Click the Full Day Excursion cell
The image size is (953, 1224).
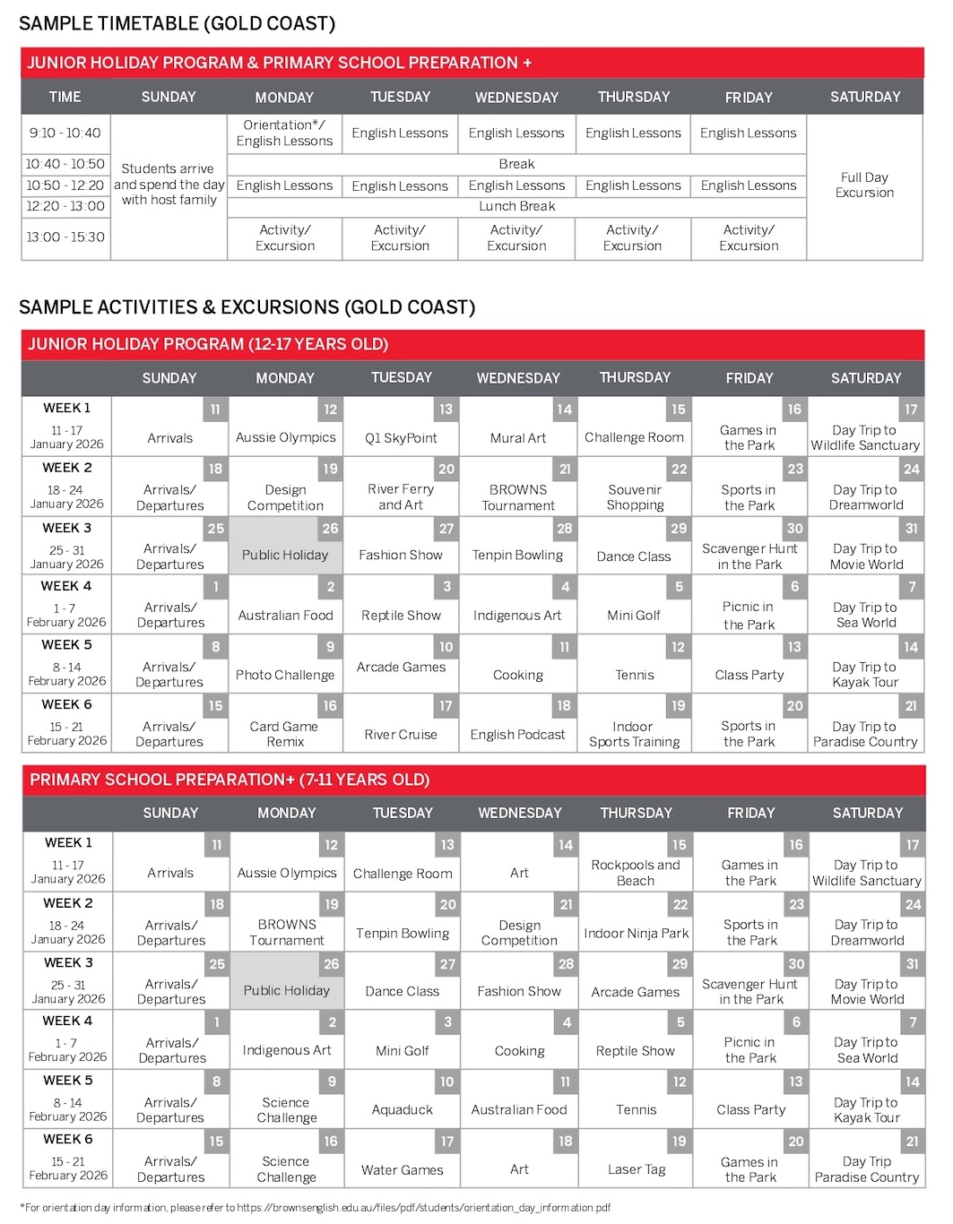[864, 185]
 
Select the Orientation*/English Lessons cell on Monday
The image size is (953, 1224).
[284, 133]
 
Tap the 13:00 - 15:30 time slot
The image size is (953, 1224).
[65, 237]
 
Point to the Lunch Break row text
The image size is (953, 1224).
[516, 206]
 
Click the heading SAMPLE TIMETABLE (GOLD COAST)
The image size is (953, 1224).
[178, 23]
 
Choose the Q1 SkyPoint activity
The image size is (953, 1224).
[401, 438]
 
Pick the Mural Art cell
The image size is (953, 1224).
[517, 438]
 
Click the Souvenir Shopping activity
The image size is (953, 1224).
[635, 497]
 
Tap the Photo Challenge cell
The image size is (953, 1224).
[285, 675]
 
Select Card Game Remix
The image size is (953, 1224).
[284, 734]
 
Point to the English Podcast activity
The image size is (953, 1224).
[517, 735]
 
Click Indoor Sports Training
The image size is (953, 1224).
[634, 734]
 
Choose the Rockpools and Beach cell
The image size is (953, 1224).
[636, 873]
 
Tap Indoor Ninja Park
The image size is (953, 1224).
[637, 933]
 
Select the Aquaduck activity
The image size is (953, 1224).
[403, 1109]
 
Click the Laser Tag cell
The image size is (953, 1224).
[637, 1169]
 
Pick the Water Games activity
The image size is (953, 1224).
[403, 1169]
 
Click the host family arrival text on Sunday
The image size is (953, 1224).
[169, 185]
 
